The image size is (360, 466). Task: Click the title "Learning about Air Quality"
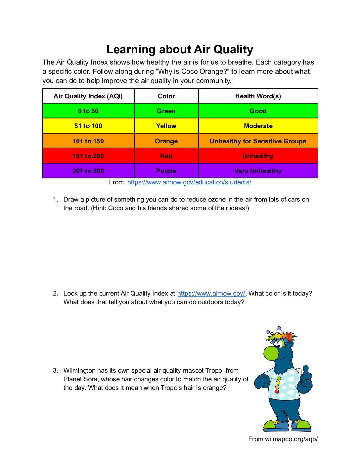pos(180,49)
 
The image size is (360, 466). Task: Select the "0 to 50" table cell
pos(88,111)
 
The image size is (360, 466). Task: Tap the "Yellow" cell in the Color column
pos(166,126)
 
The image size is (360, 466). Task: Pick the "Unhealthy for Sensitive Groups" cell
pos(258,141)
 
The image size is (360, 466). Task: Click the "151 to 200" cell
pos(88,156)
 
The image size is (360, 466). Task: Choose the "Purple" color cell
pos(166,171)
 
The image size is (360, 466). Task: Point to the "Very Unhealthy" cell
pos(258,171)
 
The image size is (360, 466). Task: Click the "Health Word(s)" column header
pos(258,96)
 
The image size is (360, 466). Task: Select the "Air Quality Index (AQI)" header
pos(88,96)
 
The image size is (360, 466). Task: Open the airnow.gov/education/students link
pos(189,182)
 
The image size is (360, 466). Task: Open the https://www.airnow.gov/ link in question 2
pos(211,293)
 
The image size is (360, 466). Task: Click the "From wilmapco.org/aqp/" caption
pos(283,439)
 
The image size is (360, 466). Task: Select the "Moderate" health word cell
pos(258,126)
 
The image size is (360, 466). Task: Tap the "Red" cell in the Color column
pos(166,156)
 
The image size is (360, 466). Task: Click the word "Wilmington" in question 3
pos(80,370)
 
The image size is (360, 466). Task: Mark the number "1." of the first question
pos(56,199)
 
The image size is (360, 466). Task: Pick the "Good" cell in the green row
pos(258,111)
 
